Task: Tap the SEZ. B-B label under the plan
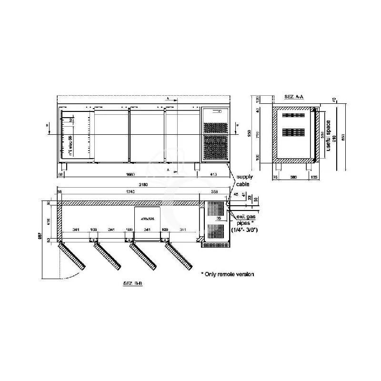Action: tap(134, 283)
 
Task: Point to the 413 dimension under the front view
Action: tap(213, 175)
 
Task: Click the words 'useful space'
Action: tap(329, 135)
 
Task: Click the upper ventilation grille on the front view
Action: tap(215, 128)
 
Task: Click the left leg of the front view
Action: tap(65, 167)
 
